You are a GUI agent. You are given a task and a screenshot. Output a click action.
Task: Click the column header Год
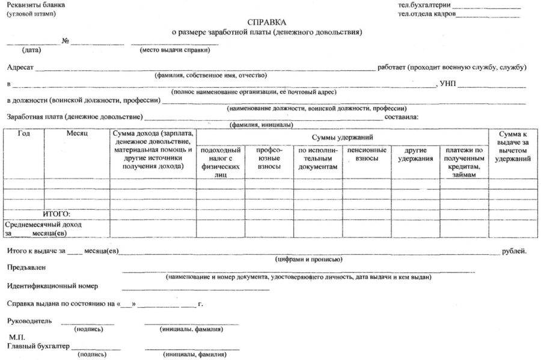point(24,133)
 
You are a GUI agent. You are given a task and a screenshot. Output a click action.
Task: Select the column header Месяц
point(78,133)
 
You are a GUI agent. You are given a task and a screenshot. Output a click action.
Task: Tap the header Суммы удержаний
point(342,138)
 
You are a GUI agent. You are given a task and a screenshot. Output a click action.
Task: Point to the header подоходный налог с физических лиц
point(221,162)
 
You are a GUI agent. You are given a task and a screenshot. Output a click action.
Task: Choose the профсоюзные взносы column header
point(269,157)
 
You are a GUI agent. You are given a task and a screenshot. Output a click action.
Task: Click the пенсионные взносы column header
point(367,154)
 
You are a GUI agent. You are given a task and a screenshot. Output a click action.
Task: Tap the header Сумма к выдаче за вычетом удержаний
point(513,146)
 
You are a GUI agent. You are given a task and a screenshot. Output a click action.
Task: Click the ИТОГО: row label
point(57,214)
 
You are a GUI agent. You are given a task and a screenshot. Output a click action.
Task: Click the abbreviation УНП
point(447,83)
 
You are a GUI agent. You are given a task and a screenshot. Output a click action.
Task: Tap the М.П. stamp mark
point(17,338)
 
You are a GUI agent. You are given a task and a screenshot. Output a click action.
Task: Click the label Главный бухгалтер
point(38,346)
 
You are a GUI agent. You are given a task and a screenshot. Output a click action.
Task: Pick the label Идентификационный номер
point(52,286)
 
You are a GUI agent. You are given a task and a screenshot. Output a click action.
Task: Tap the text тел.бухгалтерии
point(424,5)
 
